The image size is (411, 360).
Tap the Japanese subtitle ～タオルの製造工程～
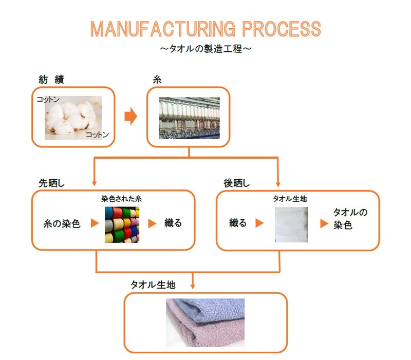coord(205,49)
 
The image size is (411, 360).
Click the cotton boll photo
coord(72,117)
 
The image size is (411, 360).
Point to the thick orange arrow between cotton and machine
coord(132,117)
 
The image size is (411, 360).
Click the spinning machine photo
coord(189,118)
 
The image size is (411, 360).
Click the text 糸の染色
coord(62,224)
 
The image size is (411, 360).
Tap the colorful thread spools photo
coord(122,224)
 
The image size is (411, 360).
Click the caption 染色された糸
coord(122,199)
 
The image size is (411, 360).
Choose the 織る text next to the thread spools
coord(173,223)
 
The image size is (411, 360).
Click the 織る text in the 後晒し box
coord(238,223)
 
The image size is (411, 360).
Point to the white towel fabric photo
coord(291,224)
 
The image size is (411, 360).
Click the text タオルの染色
coord(350,218)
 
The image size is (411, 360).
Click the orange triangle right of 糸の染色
coord(94,223)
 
